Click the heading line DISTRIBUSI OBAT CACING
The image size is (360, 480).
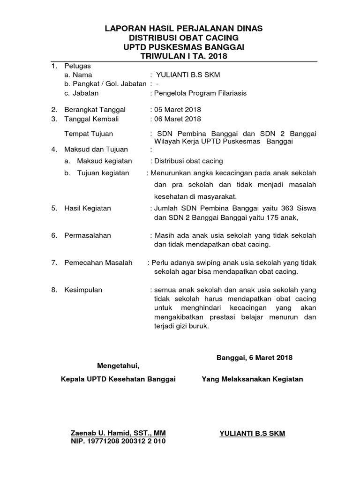point(183,37)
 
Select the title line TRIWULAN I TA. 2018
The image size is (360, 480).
point(183,56)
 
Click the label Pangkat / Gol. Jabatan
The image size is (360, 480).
point(105,84)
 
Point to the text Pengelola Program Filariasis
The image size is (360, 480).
point(200,93)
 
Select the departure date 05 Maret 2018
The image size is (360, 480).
point(176,110)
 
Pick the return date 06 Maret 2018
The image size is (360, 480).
point(176,119)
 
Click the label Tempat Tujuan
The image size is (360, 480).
point(89,134)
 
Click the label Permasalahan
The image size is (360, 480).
point(88,235)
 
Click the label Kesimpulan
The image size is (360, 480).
point(83,290)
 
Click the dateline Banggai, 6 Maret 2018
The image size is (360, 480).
point(255,358)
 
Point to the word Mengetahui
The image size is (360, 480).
point(118,365)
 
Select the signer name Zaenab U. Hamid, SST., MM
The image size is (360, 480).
point(118,433)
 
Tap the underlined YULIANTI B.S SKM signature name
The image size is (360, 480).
point(252,434)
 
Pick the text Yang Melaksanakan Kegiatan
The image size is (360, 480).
point(252,379)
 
